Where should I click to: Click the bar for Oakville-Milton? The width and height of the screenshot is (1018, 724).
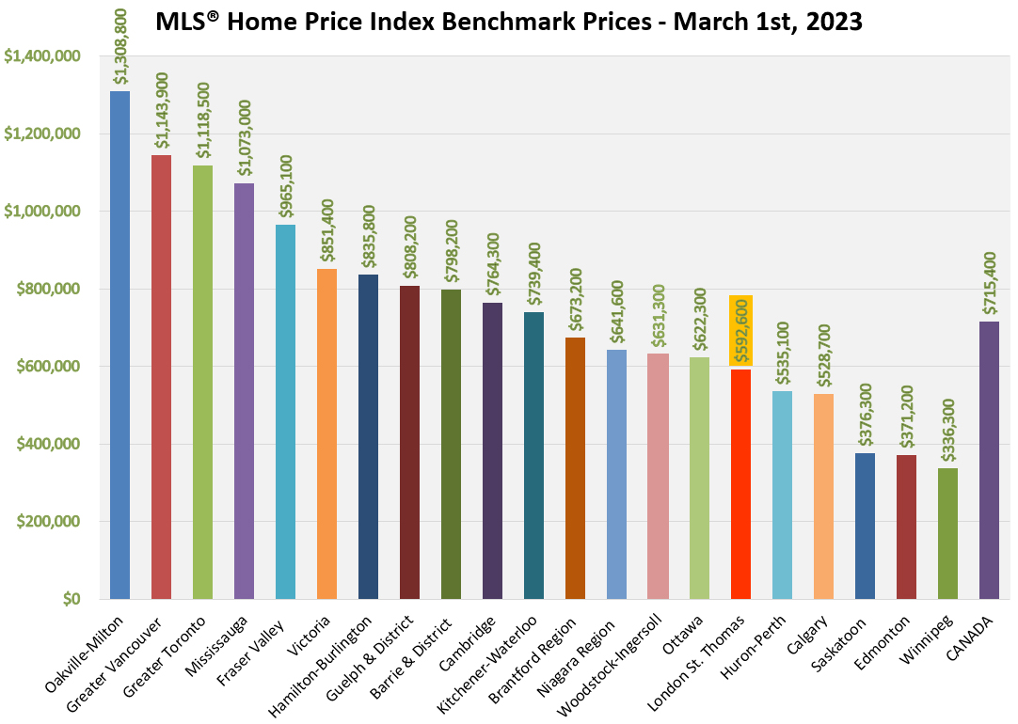(119, 345)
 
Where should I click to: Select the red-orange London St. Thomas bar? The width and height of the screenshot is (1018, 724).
(740, 483)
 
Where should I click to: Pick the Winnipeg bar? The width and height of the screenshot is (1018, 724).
(947, 533)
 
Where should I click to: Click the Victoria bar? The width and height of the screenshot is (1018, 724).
(326, 433)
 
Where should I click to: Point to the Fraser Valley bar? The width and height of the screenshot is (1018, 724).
(285, 412)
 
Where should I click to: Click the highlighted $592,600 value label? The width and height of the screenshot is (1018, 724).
(740, 329)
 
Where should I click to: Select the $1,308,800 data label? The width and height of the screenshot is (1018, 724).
(120, 48)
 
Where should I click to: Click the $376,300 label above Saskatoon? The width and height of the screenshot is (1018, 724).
(865, 415)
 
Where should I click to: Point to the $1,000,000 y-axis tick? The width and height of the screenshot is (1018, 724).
(42, 212)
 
